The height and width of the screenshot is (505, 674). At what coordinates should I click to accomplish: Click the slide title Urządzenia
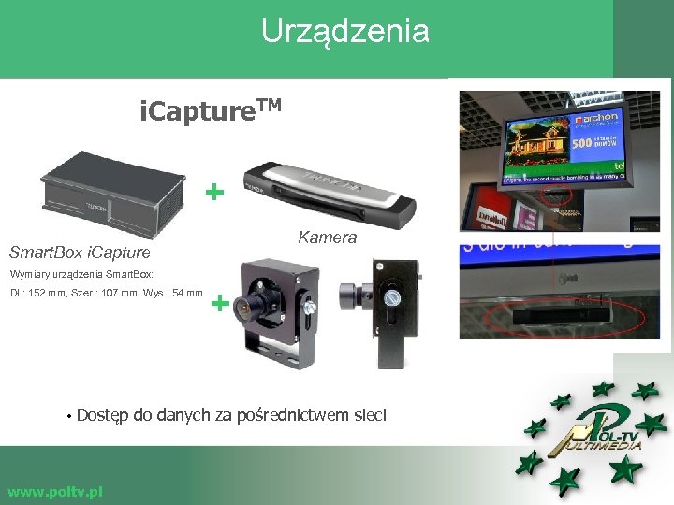coord(344,31)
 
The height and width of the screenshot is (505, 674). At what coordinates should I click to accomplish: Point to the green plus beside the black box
coord(215,193)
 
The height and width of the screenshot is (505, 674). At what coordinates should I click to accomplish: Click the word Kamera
coord(327,238)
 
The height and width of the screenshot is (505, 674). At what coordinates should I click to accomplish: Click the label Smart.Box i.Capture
coord(79,252)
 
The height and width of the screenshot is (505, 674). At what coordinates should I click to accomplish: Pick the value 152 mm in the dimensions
coord(52,294)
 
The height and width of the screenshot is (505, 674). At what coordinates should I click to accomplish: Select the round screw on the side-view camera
coord(392,299)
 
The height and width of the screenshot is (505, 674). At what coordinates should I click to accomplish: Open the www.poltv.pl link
coord(54,492)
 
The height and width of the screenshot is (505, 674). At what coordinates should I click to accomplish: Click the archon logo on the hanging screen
coord(595,119)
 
